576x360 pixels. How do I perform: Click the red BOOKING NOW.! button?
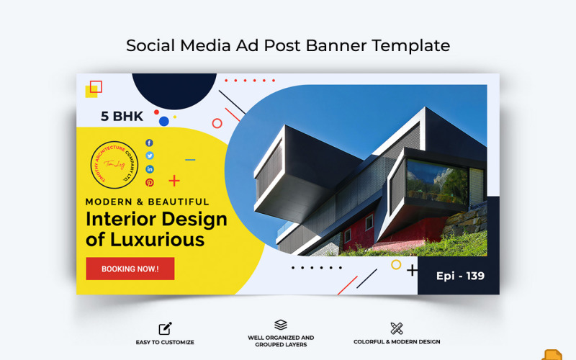click(x=130, y=269)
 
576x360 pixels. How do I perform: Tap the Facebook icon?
click(x=150, y=143)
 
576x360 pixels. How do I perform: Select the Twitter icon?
click(x=150, y=156)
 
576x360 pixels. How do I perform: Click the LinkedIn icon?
click(x=150, y=169)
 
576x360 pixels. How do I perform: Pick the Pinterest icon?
click(x=150, y=182)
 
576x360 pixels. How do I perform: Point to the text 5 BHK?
click(x=122, y=115)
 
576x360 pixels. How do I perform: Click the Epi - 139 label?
click(x=460, y=276)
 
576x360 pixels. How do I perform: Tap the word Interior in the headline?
click(x=122, y=219)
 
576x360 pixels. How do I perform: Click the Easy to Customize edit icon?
click(x=165, y=328)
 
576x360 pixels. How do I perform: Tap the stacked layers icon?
click(x=281, y=325)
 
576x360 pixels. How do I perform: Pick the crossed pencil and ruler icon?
click(x=397, y=328)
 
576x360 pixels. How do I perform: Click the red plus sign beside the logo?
click(x=174, y=181)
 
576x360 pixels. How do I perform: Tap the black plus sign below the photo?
click(x=412, y=271)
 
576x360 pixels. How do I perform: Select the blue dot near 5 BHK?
click(x=164, y=121)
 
